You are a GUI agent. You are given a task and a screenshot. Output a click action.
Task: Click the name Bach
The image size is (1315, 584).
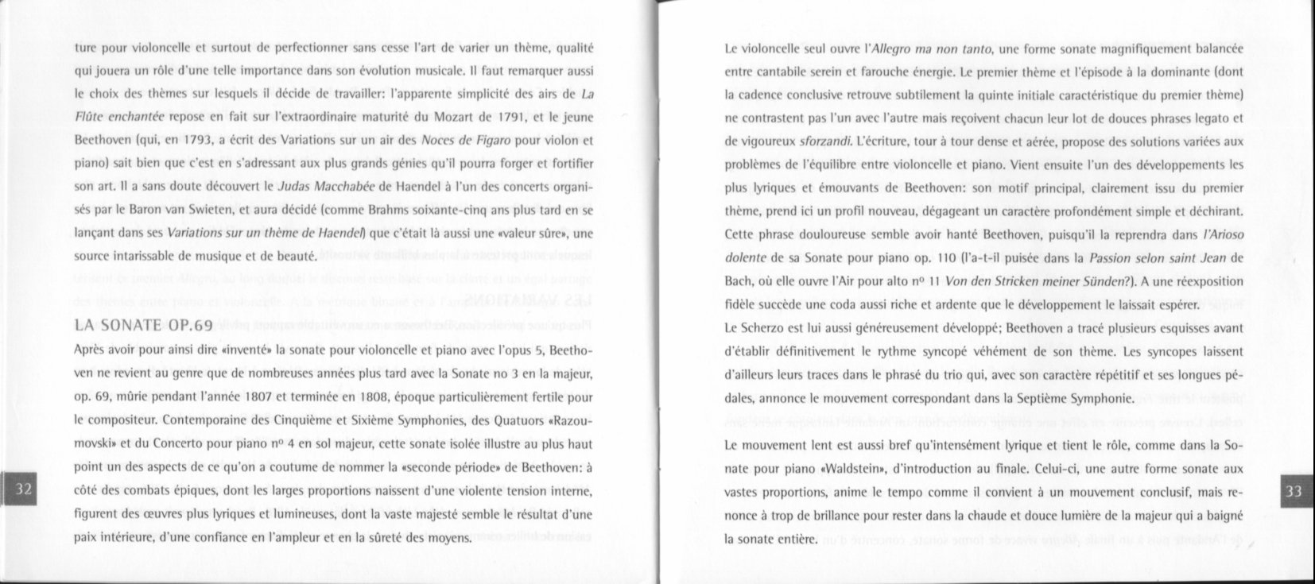coord(739,281)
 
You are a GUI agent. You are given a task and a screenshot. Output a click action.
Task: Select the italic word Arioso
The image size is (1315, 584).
coord(1220,235)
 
